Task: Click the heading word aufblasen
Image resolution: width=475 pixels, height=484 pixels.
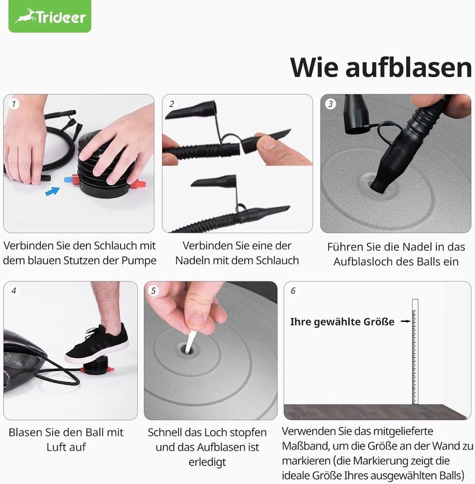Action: tap(408, 67)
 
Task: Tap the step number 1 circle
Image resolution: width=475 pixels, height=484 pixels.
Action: tap(14, 104)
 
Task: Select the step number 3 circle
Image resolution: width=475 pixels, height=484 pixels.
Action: tap(331, 104)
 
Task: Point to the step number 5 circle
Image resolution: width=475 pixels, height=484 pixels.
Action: tap(153, 290)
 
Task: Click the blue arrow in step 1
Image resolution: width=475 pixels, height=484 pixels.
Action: tap(52, 191)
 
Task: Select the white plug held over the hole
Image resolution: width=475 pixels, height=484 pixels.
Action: tap(189, 341)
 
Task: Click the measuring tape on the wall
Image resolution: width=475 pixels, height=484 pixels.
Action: tap(415, 352)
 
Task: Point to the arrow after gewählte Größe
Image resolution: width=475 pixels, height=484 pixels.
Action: tap(406, 321)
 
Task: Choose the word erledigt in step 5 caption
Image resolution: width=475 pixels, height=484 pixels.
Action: tap(207, 462)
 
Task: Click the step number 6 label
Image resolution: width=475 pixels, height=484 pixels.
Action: tap(293, 290)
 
